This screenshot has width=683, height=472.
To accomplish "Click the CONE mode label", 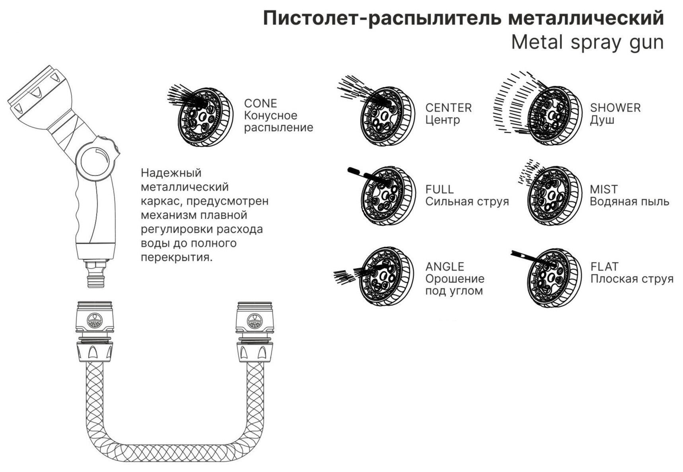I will (x=260, y=103).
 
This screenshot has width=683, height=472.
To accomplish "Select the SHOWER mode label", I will (x=615, y=108).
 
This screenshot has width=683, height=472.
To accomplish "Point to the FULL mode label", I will (x=439, y=189).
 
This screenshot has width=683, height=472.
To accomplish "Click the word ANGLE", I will (x=444, y=267).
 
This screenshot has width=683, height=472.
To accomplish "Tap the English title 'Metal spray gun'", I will (x=587, y=42).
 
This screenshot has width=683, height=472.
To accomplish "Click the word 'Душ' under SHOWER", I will (x=601, y=120).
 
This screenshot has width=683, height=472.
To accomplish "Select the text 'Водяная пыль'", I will (x=629, y=201).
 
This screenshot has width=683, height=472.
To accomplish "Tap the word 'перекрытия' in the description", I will (x=176, y=257).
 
